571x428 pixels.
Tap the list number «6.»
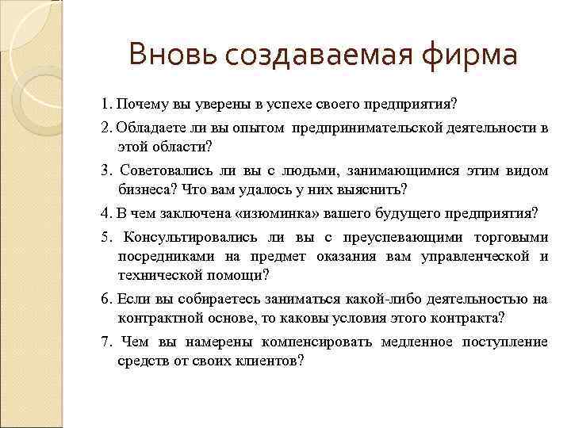click(107, 300)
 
